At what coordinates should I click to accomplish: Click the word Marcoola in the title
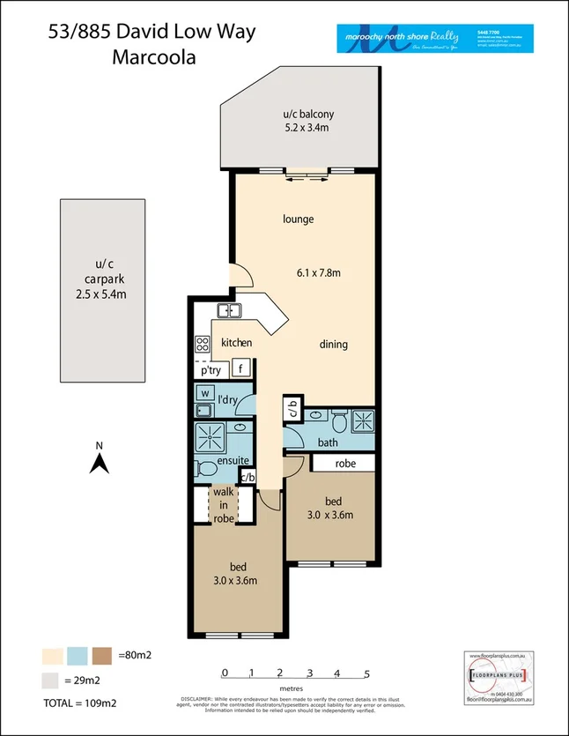[154, 58]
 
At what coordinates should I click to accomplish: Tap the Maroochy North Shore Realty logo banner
[432, 38]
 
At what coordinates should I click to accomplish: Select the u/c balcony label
[308, 121]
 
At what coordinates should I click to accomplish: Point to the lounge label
[299, 219]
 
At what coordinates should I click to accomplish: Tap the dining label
[333, 345]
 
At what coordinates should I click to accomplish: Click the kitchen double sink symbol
[229, 310]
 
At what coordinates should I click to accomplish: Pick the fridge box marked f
[241, 369]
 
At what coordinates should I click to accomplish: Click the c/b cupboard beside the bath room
[292, 412]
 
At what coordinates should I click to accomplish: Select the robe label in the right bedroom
[344, 462]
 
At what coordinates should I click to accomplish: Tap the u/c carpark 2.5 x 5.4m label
[102, 279]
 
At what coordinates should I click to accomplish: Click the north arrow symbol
[101, 460]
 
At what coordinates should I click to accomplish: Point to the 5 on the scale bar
[366, 673]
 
